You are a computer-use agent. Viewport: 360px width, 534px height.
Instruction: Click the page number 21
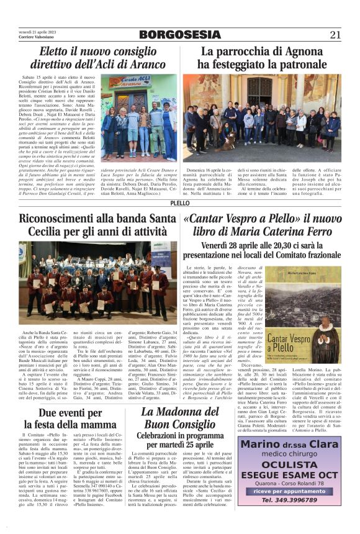335,34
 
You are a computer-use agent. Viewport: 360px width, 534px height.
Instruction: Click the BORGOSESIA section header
179,35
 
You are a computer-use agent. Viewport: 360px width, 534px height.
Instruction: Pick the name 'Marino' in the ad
261,445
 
